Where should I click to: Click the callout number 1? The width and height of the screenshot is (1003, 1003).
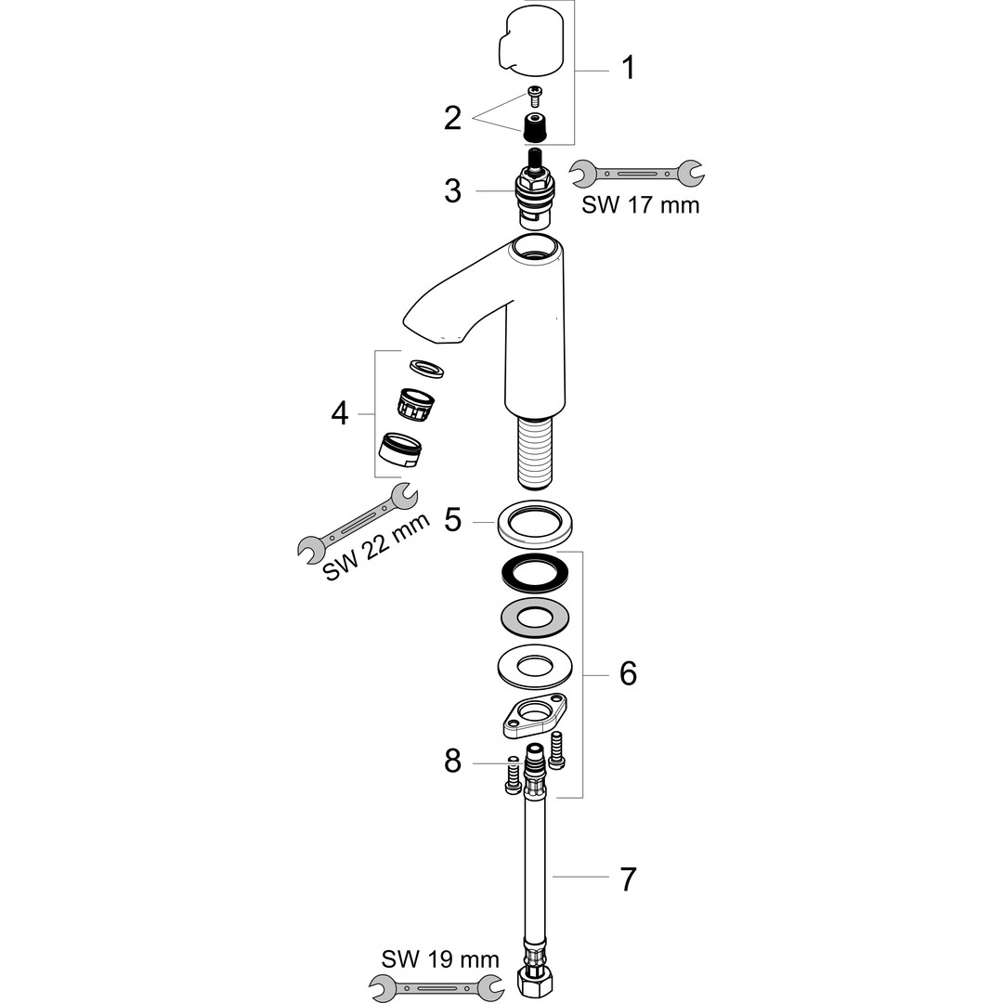628,68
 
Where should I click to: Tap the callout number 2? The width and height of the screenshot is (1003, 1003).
453,118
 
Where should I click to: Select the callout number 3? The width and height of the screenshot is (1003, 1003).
453,190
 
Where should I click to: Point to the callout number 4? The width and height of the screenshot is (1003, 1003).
340,414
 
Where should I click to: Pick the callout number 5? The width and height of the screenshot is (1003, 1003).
453,520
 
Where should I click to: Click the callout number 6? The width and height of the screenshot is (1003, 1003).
628,673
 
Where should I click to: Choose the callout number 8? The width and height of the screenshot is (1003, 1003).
453,762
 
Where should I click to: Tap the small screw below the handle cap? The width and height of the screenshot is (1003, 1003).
533,96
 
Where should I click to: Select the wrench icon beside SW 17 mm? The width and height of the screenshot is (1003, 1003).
637,173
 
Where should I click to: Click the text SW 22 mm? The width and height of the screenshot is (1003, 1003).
377,548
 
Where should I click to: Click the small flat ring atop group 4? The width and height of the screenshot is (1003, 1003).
426,368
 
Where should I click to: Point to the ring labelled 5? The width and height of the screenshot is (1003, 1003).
535,524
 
